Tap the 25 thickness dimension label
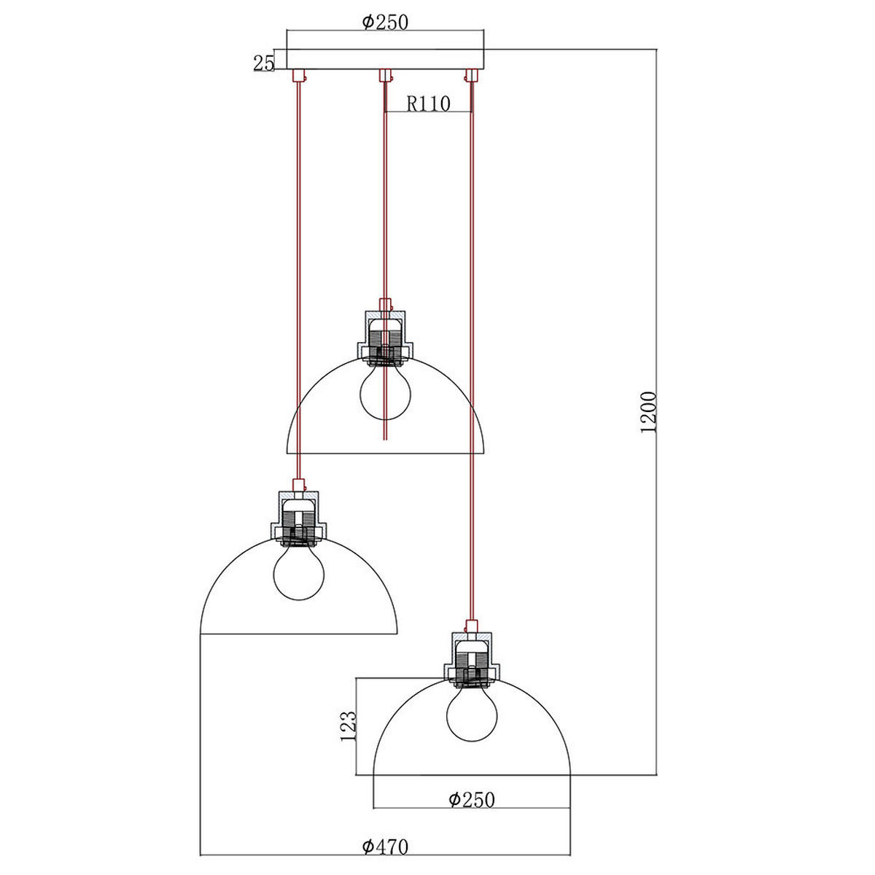(262, 63)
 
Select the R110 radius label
(428, 104)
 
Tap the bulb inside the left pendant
(297, 573)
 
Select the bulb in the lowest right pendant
(472, 713)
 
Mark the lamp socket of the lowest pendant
(472, 660)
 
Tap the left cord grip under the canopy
(297, 76)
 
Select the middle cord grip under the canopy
(385, 76)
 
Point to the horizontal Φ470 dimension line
(292, 854)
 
